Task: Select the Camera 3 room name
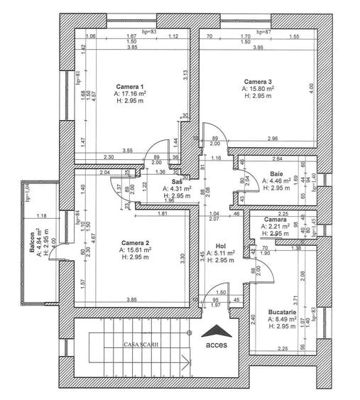pos(258,82)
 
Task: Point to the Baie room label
pos(277,174)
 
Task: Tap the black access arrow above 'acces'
pos(216,332)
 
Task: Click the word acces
pos(217,347)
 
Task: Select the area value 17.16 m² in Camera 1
pos(132,94)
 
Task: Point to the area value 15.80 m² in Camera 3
pos(260,90)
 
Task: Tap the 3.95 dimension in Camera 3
pos(258,48)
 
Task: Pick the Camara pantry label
pos(276,220)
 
